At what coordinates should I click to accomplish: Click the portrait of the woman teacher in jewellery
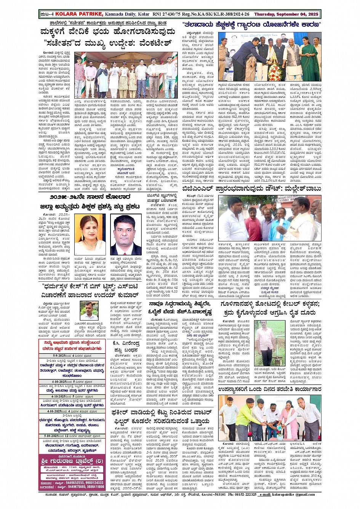[90, 234]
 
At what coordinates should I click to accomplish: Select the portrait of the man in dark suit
[126, 234]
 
